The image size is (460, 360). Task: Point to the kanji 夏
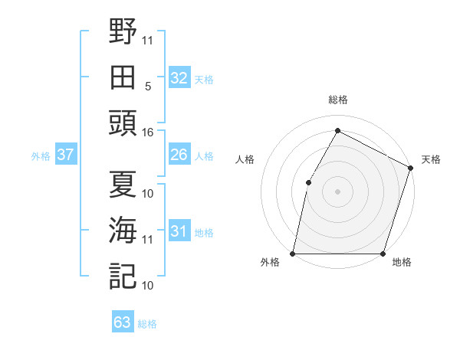pyautogui.click(x=123, y=184)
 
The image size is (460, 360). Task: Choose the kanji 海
pyautogui.click(x=123, y=230)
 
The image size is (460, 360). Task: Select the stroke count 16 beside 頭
pyautogui.click(x=148, y=133)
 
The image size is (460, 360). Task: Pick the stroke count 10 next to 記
pyautogui.click(x=148, y=286)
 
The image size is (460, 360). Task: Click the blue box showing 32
pyautogui.click(x=179, y=77)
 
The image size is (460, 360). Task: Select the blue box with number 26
pyautogui.click(x=179, y=155)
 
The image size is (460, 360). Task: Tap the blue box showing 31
pyautogui.click(x=179, y=231)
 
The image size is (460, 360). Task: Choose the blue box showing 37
pyautogui.click(x=65, y=155)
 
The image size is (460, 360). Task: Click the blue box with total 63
pyautogui.click(x=122, y=322)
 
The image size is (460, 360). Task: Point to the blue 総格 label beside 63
pyautogui.click(x=147, y=324)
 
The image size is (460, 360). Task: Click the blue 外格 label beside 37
pyautogui.click(x=41, y=156)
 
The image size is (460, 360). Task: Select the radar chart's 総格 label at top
pyautogui.click(x=337, y=100)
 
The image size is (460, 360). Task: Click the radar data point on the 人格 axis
pyautogui.click(x=308, y=182)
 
